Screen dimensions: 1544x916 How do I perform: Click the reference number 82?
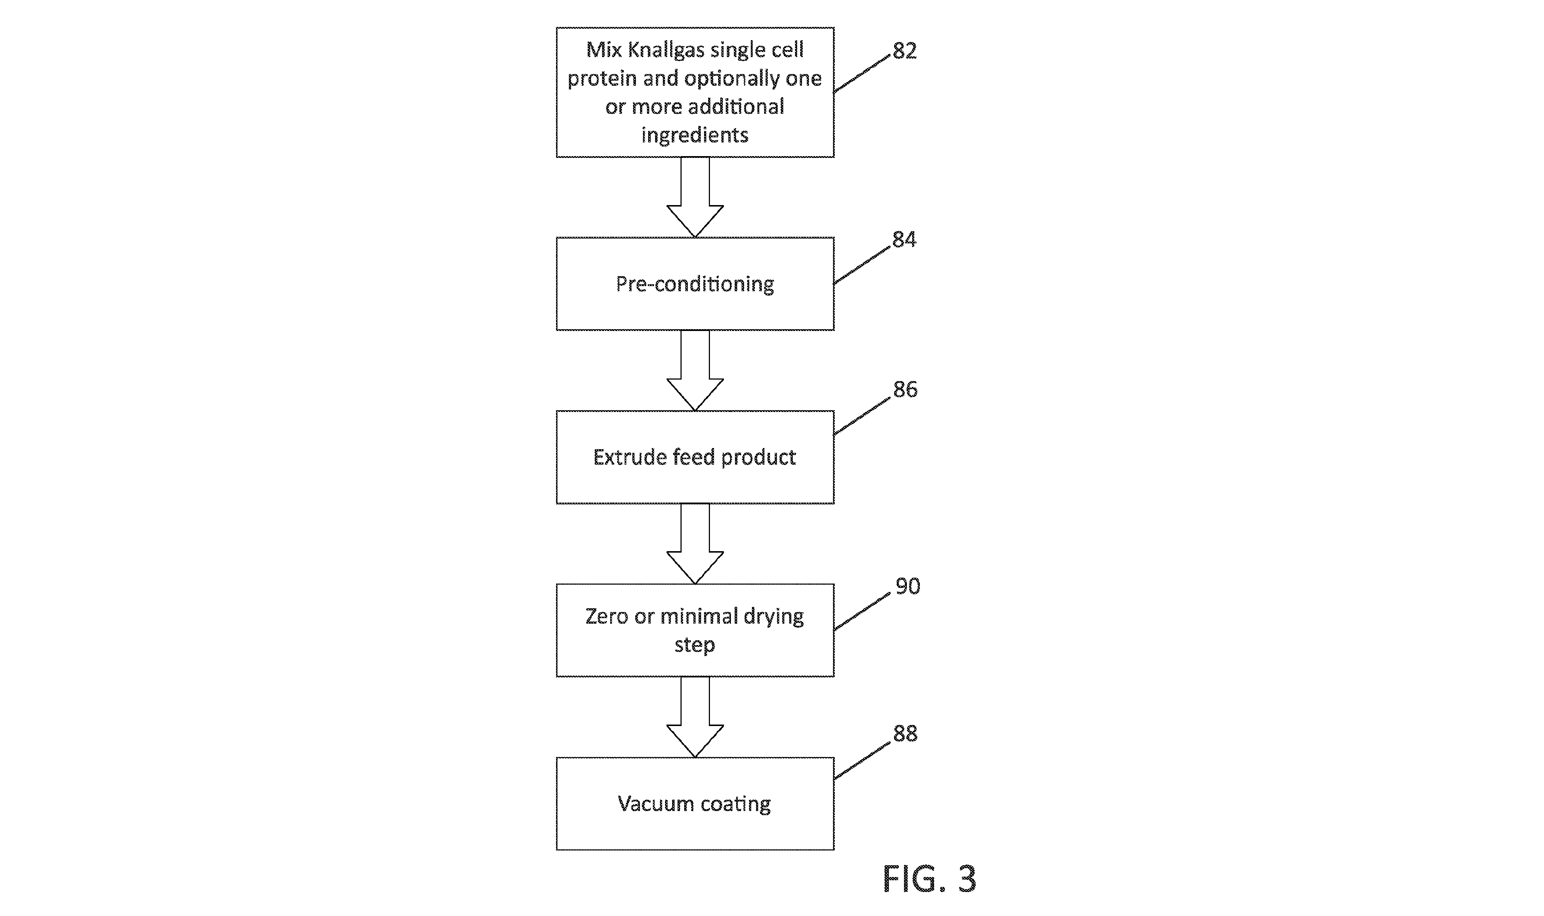point(904,50)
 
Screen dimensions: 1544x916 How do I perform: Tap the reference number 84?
point(904,239)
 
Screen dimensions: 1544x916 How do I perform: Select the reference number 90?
point(907,586)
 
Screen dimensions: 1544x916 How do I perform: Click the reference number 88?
point(905,733)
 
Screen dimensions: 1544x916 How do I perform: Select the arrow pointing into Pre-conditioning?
point(695,197)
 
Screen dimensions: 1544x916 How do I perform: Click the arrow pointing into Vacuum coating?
point(695,717)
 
